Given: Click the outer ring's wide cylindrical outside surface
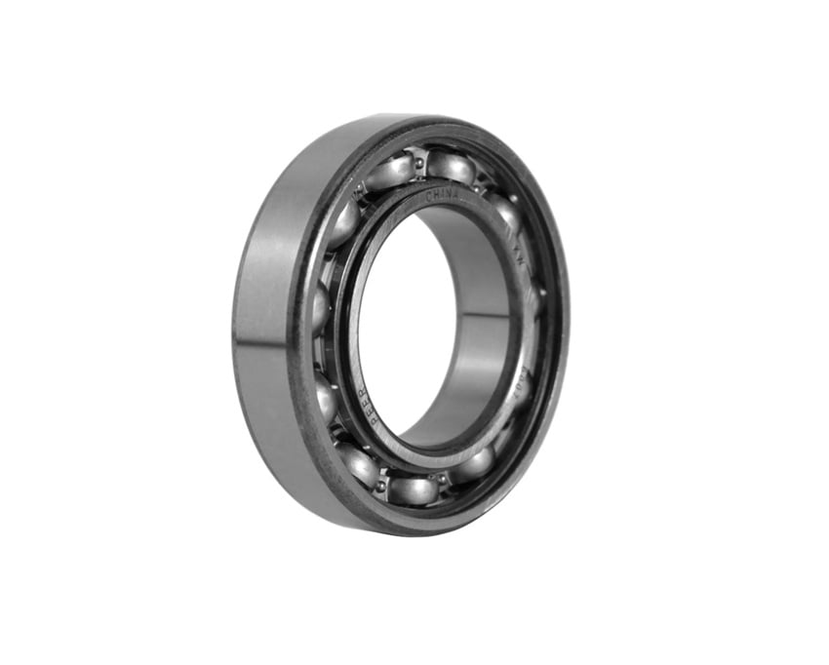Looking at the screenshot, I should pyautogui.click(x=268, y=322).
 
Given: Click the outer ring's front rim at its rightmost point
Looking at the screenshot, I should pyautogui.click(x=564, y=312).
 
